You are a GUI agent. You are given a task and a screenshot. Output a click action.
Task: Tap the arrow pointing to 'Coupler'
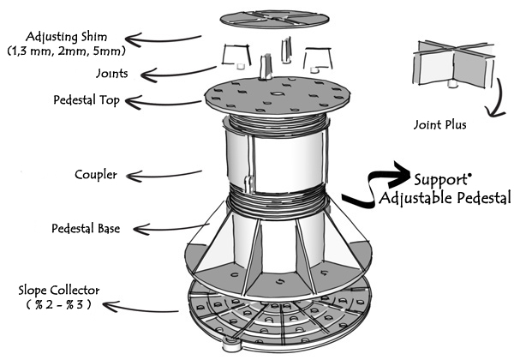[x=158, y=177]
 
